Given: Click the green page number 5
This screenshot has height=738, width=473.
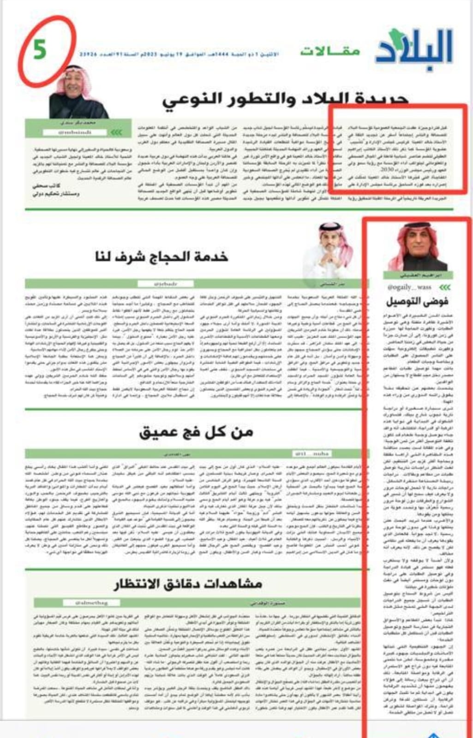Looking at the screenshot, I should [40, 50].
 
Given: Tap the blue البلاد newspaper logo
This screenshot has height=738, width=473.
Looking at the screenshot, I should [414, 50].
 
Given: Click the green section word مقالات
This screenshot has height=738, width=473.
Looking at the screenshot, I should [330, 51].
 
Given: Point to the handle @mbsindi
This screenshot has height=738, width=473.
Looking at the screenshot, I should [75, 132].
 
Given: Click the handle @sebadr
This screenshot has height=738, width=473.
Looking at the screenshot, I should [165, 284].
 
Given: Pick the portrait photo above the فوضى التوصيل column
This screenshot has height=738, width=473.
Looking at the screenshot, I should [417, 248].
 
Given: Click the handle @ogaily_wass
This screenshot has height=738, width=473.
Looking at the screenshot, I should [409, 287].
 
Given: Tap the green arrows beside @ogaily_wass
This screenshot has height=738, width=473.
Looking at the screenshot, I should [444, 287].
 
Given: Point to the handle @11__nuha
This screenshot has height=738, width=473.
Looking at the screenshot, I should [312, 454].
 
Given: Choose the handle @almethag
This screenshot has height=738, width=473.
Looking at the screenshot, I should [91, 602].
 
